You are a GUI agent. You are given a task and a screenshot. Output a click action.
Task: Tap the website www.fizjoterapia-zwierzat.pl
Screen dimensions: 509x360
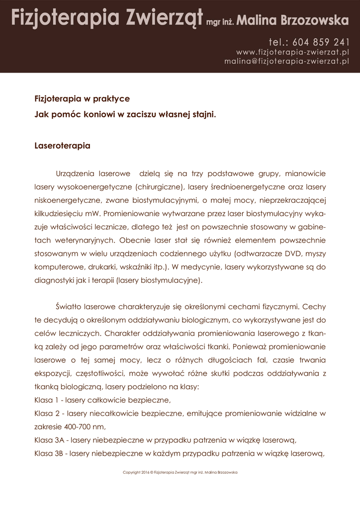click(x=292, y=52)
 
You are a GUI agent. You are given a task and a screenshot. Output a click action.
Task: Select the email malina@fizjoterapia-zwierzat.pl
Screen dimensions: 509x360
click(x=286, y=61)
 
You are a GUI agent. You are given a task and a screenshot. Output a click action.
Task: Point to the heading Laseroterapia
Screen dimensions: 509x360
click(x=62, y=147)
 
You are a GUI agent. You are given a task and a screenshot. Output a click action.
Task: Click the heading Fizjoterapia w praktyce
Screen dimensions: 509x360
click(x=82, y=99)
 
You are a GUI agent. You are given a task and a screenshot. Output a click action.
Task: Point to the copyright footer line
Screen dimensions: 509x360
click(x=180, y=472)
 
